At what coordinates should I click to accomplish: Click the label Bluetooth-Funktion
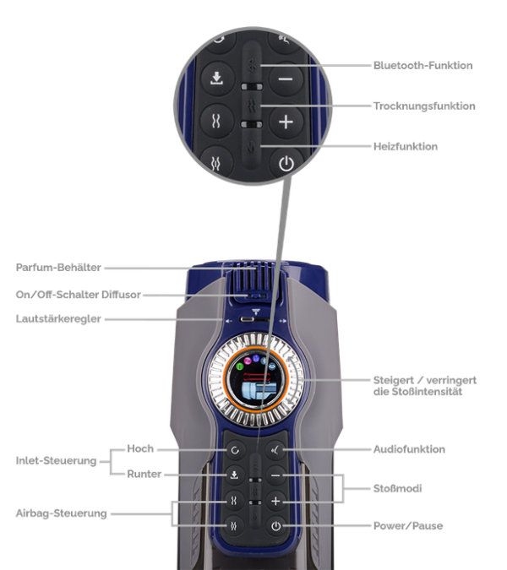(x=423, y=65)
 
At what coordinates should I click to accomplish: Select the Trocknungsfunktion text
(x=424, y=106)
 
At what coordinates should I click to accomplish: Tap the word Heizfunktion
(x=406, y=146)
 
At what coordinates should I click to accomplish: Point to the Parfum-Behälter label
(x=58, y=268)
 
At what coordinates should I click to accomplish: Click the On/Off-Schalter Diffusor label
(x=79, y=295)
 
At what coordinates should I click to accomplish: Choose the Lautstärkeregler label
(x=58, y=319)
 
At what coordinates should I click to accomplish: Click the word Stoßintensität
(x=417, y=392)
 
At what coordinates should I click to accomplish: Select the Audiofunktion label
(x=409, y=449)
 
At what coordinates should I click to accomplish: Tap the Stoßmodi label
(x=397, y=488)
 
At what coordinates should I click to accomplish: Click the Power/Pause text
(x=408, y=525)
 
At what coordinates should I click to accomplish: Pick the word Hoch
(x=140, y=449)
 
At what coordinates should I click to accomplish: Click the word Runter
(x=144, y=474)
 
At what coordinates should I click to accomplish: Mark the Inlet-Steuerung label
(x=56, y=461)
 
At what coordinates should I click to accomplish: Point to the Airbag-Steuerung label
(x=61, y=513)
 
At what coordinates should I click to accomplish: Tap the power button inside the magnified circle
(x=286, y=164)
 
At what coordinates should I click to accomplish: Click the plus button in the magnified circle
(x=286, y=122)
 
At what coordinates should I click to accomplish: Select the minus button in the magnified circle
(x=286, y=79)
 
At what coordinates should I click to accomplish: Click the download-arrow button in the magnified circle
(x=217, y=79)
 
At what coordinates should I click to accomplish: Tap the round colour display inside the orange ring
(x=256, y=379)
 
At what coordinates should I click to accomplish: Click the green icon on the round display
(x=240, y=366)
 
